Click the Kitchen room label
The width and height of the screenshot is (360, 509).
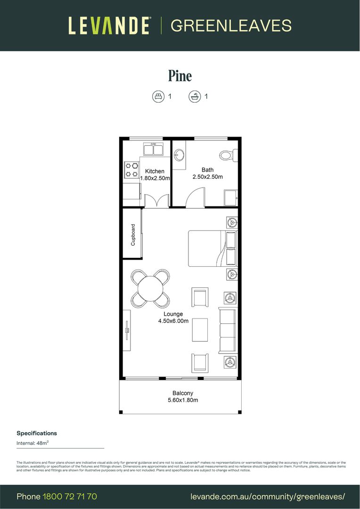coord(155,171)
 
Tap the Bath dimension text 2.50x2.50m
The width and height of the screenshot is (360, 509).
coord(207,177)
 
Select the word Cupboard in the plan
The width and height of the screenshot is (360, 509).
coord(133,234)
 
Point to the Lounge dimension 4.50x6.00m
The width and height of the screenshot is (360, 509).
coord(173,321)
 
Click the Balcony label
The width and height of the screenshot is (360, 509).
coord(182,393)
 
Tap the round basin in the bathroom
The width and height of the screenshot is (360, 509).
coord(179,155)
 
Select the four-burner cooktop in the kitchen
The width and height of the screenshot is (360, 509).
coord(131,170)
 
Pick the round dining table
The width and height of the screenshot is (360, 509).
coord(150,287)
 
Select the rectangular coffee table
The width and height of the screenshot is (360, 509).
coord(200,330)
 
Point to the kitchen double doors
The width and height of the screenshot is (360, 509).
coord(156,201)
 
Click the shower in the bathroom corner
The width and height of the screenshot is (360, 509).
coord(231,198)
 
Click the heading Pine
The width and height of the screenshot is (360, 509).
coord(180,75)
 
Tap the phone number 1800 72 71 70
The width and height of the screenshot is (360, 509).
coord(70,496)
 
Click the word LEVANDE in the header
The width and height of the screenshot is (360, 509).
coord(109,25)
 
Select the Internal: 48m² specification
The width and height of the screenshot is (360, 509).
coord(33,443)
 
